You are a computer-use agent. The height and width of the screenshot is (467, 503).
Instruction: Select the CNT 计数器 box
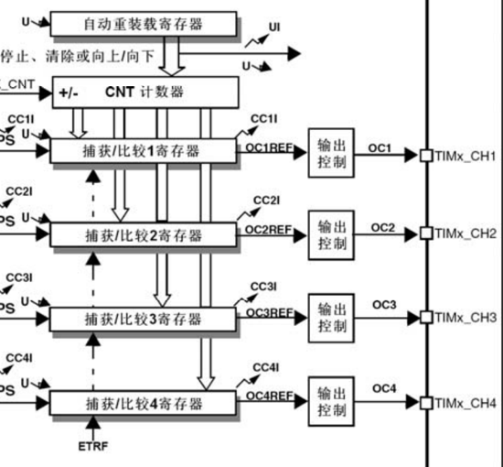tap(147, 92)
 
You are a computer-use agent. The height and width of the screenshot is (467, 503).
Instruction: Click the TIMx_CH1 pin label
tap(466, 157)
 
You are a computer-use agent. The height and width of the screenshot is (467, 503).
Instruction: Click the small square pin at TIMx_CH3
tap(425, 318)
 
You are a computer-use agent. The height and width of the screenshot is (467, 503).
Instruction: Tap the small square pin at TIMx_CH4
tap(425, 403)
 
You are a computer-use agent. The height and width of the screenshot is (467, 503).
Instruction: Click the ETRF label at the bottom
tap(93, 448)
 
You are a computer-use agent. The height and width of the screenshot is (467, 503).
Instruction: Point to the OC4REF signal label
tap(270, 396)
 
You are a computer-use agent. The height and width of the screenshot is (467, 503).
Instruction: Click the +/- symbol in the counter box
tap(70, 92)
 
